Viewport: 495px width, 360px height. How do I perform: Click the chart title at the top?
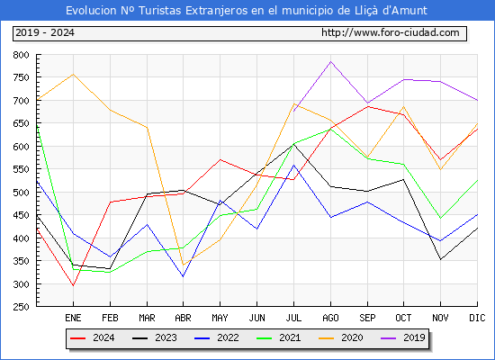click(247, 11)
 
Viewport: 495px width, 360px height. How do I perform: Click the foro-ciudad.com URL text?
click(391, 32)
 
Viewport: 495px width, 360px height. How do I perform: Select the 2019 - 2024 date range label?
click(45, 32)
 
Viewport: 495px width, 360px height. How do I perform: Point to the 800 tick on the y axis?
click(22, 55)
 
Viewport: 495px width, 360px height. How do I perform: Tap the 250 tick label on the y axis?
click(22, 307)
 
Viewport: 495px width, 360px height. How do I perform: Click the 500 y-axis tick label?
click(22, 193)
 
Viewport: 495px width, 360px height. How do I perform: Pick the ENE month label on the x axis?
click(73, 318)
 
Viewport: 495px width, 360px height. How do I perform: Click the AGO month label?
click(330, 318)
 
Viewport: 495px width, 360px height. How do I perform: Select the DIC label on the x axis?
click(477, 318)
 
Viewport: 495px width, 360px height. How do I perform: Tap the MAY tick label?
click(220, 318)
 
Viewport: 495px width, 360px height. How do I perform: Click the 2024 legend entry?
click(92, 337)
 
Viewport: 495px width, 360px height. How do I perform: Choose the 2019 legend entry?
click(403, 337)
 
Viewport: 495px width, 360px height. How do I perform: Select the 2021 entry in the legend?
click(279, 337)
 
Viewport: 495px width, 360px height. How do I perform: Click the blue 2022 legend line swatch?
click(202, 338)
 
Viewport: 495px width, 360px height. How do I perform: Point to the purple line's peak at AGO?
click(330, 61)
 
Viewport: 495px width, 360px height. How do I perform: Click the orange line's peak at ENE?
click(73, 74)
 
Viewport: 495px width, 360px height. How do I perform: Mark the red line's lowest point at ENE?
click(73, 285)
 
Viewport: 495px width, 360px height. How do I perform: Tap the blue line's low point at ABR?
click(183, 276)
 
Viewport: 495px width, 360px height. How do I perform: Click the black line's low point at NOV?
click(440, 259)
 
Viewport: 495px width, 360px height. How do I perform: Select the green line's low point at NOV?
click(440, 218)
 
